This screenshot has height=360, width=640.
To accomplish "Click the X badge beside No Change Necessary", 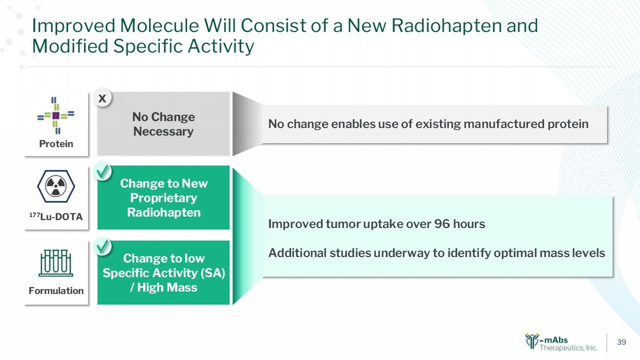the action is [102, 98].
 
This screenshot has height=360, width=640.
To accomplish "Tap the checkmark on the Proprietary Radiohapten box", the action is [102, 171].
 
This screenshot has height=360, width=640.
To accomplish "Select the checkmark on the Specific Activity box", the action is [102, 246].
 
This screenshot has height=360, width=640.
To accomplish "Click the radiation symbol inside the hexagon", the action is [56, 186].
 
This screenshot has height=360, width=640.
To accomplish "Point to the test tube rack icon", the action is [56, 263].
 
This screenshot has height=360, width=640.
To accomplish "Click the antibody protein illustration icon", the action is [56, 115].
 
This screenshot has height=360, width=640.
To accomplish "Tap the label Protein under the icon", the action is [56, 144].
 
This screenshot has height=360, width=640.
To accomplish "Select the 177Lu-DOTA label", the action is [56, 217].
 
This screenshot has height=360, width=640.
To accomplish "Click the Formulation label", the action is [56, 291].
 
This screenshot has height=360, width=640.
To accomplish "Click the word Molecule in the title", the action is [159, 26].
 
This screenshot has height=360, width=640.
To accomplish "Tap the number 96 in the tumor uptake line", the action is [442, 224].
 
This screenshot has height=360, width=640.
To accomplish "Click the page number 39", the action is [621, 342].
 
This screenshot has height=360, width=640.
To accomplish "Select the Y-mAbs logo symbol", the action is [532, 341].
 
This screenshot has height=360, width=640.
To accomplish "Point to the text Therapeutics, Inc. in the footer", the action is [569, 348].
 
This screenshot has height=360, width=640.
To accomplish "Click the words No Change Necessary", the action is [163, 124].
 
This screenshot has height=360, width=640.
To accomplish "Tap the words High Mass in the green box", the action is [167, 288].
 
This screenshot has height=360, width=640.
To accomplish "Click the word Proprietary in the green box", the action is [163, 198].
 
